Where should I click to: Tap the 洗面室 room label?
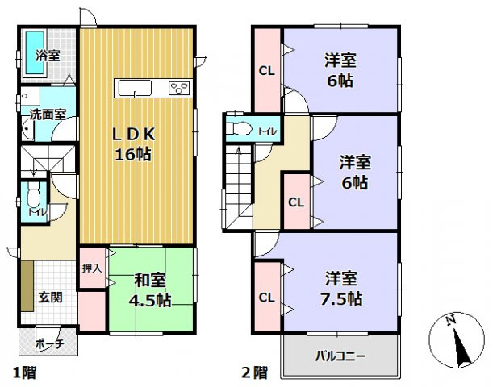(48, 115)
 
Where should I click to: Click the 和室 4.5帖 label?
(151, 289)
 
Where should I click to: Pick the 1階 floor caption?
(22, 372)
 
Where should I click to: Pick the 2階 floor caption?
(254, 372)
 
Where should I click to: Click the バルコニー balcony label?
(339, 355)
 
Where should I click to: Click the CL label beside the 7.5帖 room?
(266, 298)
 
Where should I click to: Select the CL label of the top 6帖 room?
(266, 71)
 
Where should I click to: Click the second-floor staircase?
(240, 181)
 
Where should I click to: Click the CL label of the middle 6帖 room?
(296, 202)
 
